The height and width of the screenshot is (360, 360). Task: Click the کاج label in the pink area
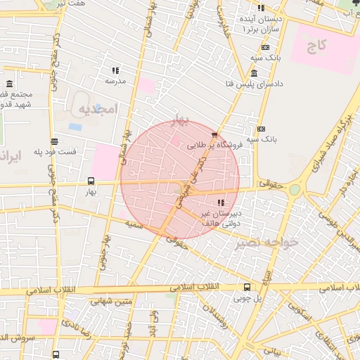[x=317, y=46]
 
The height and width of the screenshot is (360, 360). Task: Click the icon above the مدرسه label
[x=115, y=70]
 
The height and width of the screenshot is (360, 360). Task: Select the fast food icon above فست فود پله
[x=54, y=141]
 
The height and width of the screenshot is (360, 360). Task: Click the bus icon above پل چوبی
[x=246, y=287]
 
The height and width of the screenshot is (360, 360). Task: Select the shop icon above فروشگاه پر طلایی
[x=214, y=135]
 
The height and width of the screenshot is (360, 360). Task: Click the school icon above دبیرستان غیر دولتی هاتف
[x=221, y=202]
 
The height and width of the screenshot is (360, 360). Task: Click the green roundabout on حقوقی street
[x=294, y=189]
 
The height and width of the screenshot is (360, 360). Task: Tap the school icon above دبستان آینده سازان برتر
[x=261, y=8]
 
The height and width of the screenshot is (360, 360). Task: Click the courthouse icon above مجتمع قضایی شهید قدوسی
[x=11, y=84]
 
